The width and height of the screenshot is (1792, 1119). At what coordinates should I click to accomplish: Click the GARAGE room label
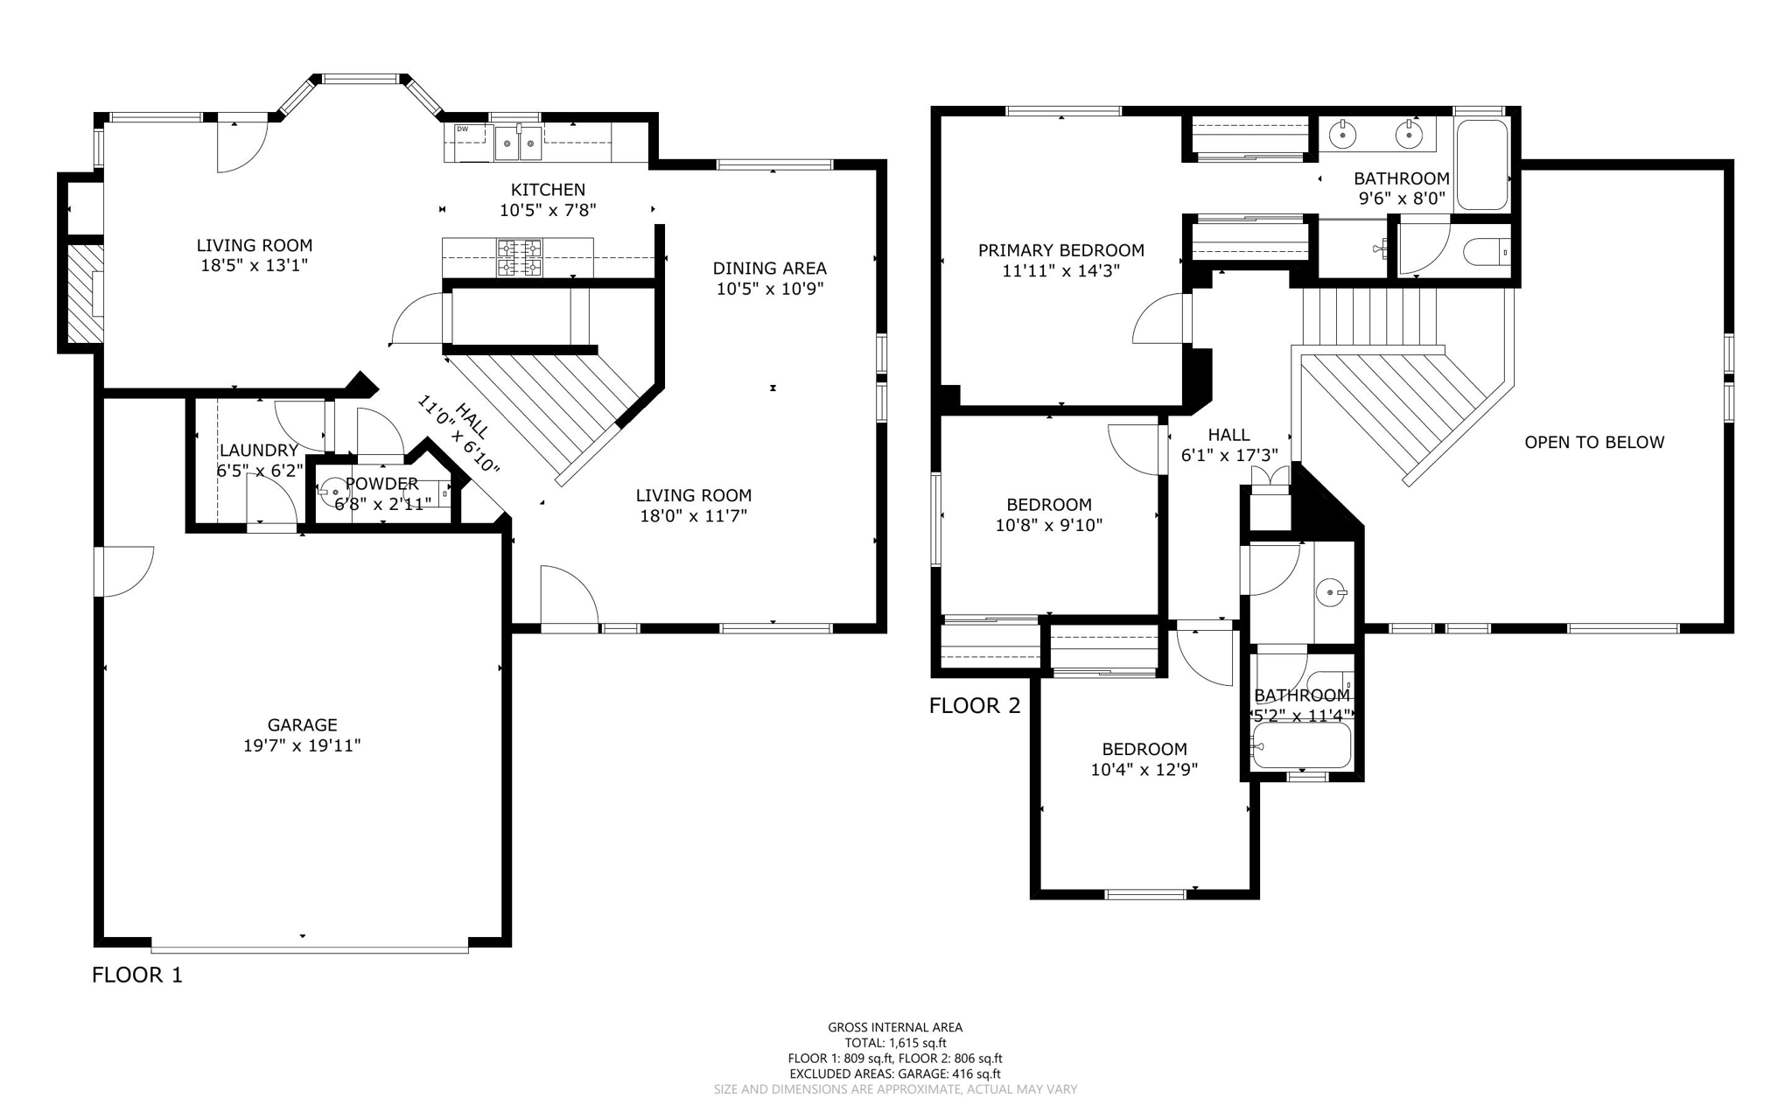click(302, 724)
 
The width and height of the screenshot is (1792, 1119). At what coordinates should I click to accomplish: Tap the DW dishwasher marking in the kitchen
click(462, 129)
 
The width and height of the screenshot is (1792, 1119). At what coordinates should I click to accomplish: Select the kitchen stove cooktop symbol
click(519, 257)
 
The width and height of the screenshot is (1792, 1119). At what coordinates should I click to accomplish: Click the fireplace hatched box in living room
click(86, 293)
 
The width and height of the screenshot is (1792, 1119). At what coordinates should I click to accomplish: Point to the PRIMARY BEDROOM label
click(1060, 250)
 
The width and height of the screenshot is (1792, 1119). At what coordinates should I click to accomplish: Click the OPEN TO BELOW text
click(1593, 442)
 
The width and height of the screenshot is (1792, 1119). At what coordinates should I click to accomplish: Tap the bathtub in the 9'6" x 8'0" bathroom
click(1482, 164)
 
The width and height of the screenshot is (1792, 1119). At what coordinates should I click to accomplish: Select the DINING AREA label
click(769, 268)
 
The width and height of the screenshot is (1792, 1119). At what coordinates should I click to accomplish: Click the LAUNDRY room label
click(258, 450)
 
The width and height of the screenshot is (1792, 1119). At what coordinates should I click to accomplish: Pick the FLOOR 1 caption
click(137, 975)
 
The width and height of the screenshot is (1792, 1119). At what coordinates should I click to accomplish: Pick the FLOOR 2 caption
click(975, 705)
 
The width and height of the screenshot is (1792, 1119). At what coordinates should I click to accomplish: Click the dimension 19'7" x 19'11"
click(302, 746)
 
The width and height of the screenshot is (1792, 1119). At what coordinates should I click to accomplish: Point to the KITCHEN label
click(548, 189)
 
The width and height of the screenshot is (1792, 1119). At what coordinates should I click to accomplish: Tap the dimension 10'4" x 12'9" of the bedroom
click(1144, 770)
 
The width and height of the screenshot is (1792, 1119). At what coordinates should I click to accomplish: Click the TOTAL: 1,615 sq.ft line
click(895, 1043)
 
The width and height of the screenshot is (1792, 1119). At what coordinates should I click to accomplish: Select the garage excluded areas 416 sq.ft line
click(895, 1074)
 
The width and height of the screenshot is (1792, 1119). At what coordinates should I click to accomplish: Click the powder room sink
click(333, 493)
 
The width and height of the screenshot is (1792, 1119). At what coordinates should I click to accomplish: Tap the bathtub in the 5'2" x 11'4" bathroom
click(1302, 745)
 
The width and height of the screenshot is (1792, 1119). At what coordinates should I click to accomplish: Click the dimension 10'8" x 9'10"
click(1048, 526)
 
